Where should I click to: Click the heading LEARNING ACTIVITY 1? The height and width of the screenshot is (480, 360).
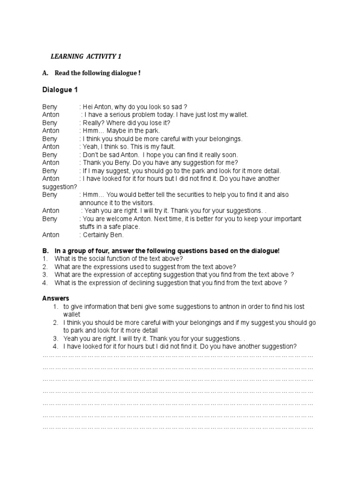click(x=86, y=57)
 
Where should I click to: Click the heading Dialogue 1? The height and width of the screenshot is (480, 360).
click(x=60, y=90)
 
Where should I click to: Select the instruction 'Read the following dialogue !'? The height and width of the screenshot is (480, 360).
click(x=97, y=73)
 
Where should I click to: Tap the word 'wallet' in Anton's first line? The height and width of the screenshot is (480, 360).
click(x=238, y=115)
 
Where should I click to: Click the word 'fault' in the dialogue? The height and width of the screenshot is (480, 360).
click(x=164, y=147)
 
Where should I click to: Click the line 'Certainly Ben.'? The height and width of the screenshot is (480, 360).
click(x=101, y=235)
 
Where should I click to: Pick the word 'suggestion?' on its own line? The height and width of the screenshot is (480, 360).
click(x=60, y=187)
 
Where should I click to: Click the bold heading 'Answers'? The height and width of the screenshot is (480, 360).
click(x=55, y=298)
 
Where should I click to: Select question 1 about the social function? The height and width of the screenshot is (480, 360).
click(x=119, y=259)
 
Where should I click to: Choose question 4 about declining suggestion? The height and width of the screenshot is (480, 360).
click(x=171, y=283)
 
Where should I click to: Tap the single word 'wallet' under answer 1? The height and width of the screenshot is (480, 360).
click(x=72, y=315)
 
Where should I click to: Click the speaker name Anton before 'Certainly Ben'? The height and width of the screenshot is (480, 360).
click(x=51, y=235)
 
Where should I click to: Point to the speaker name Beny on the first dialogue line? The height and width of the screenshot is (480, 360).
click(x=50, y=107)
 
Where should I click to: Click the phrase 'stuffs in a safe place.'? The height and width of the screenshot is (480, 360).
click(x=110, y=227)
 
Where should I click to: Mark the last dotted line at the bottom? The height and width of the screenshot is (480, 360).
click(x=178, y=427)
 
